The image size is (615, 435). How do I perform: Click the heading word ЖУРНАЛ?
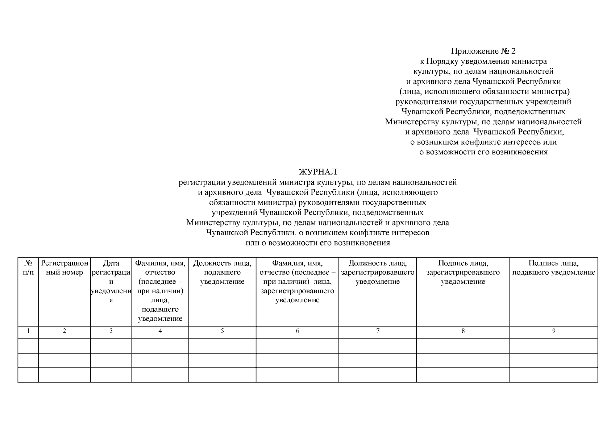point(317,172)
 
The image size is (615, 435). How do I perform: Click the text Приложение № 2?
point(483,51)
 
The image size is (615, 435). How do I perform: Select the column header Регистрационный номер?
point(65,268)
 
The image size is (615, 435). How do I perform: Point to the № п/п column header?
point(28,268)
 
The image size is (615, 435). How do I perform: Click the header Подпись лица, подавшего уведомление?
point(553,268)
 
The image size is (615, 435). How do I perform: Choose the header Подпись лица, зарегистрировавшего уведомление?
point(463,272)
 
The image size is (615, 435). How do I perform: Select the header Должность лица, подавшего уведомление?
point(222,272)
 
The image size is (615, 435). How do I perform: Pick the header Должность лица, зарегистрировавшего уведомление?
point(377,272)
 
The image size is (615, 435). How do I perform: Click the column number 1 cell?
point(28,331)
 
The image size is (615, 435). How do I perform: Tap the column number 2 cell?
point(65,331)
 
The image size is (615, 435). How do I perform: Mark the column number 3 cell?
point(111,331)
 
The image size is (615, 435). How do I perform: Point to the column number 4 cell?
point(160,331)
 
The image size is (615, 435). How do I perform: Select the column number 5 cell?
point(222,331)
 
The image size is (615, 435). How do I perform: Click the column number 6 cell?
point(297,331)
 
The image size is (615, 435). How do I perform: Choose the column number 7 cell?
point(377,331)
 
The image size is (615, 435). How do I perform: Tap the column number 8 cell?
point(463,331)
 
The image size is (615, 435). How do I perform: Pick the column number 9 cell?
point(553,331)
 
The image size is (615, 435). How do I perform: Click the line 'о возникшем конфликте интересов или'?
point(483,142)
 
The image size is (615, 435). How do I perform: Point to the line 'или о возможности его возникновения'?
point(317,243)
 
